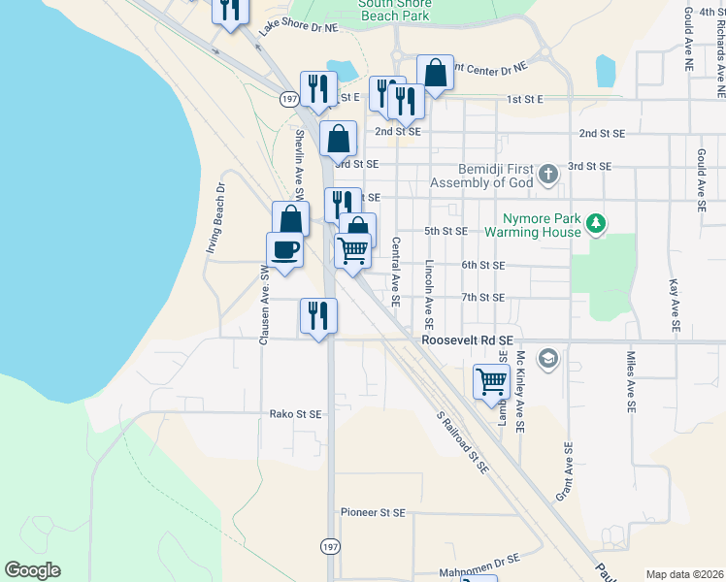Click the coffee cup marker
pyautogui.click(x=284, y=250)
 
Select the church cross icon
pyautogui.click(x=548, y=175)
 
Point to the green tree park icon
pyautogui.click(x=596, y=225)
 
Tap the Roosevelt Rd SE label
pyautogui.click(x=467, y=341)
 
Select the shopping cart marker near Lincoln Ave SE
pyautogui.click(x=492, y=381)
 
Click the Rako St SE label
pyautogui.click(x=295, y=413)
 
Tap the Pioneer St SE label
pyautogui.click(x=373, y=511)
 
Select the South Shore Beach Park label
pyautogui.click(x=394, y=10)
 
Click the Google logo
pyautogui.click(x=32, y=570)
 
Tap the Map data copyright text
pyautogui.click(x=683, y=574)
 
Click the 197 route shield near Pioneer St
pyautogui.click(x=331, y=547)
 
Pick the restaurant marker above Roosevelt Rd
pyautogui.click(x=318, y=315)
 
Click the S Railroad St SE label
pyautogui.click(x=462, y=440)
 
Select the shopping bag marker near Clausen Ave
pyautogui.click(x=291, y=219)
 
